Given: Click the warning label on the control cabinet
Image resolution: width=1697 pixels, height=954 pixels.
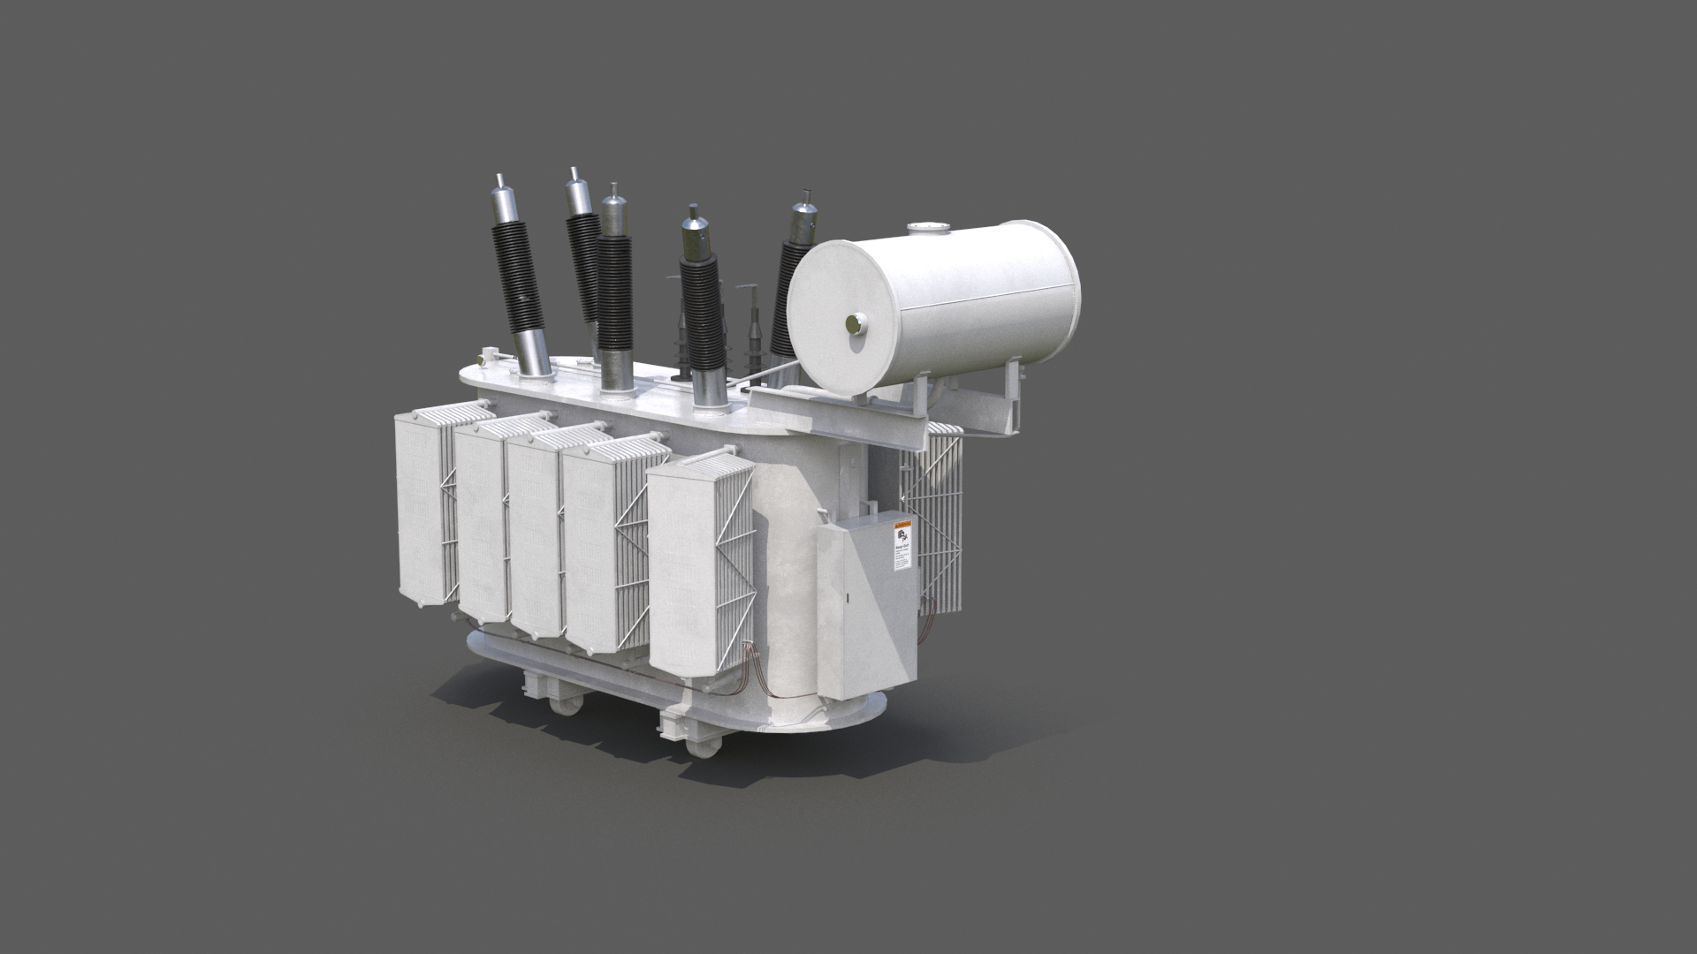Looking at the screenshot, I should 903,548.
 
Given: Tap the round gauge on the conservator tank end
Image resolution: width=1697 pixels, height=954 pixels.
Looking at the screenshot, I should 854,324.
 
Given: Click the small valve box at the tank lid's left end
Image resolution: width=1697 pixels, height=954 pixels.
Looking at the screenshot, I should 484,358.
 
